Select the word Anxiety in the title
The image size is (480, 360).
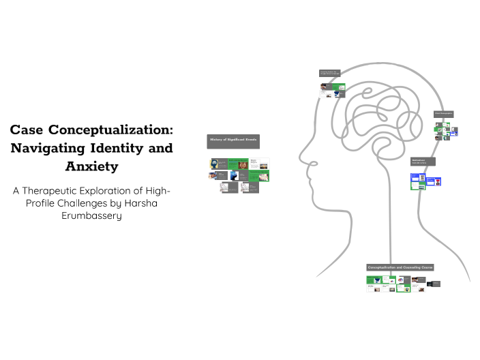(x=91, y=166)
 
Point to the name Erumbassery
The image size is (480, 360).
(x=91, y=216)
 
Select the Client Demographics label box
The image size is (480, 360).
(x=443, y=114)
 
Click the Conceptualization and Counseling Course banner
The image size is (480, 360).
(x=400, y=267)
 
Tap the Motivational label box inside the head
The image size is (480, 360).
(x=423, y=162)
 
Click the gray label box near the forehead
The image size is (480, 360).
(x=329, y=72)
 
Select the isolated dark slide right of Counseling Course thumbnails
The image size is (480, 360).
(x=436, y=284)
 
